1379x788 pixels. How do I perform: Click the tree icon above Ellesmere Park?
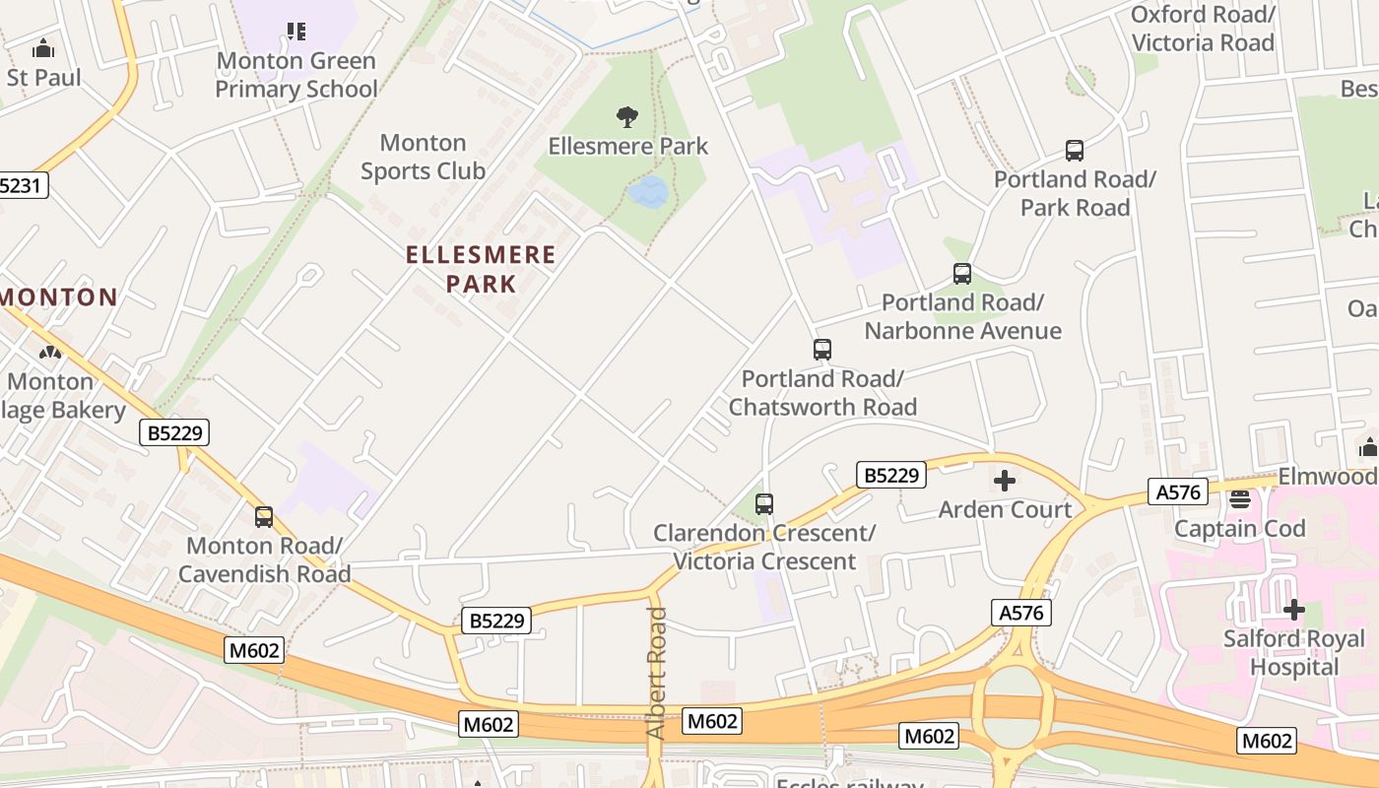point(626,117)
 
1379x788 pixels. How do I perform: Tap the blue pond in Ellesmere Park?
point(648,191)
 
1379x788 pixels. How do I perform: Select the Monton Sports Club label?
point(423,158)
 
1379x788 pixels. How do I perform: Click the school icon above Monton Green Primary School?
point(295,32)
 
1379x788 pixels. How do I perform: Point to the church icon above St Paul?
point(43,48)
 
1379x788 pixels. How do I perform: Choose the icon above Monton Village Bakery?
point(49,352)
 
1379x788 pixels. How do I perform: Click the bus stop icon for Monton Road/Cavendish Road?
point(264,516)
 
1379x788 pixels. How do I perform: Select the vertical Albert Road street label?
point(657,673)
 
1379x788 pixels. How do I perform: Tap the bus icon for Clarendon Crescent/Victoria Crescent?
point(764,504)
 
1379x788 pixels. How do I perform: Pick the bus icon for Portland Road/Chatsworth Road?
point(821,350)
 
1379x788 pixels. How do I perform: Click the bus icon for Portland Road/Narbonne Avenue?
point(962,274)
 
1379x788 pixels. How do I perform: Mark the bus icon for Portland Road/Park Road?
point(1075,151)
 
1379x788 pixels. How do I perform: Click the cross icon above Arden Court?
point(1005,481)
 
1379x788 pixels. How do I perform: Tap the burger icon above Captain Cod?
point(1239,499)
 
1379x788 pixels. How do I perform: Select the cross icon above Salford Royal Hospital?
point(1293,610)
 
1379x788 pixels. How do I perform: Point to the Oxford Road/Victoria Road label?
point(1203,29)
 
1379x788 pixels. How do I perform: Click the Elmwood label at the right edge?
point(1327,477)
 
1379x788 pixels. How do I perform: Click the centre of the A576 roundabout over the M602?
point(1012,708)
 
